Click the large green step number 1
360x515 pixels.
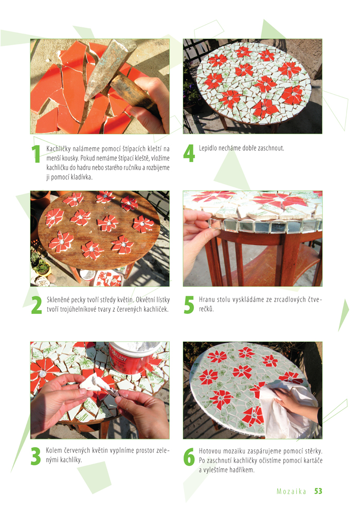point(35,154)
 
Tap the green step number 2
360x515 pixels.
point(37,305)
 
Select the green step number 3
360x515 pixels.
point(36,456)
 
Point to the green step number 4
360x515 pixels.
point(189,153)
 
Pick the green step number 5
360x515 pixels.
point(189,305)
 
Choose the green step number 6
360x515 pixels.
point(189,457)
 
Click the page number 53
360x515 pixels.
point(318,491)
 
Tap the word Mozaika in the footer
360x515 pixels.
point(292,491)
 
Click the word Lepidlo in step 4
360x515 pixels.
point(208,148)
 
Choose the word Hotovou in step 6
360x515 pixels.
point(210,451)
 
